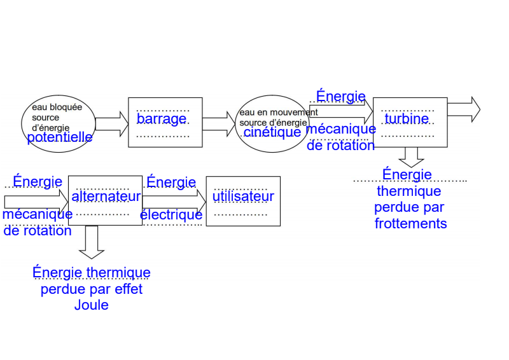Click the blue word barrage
click(x=162, y=119)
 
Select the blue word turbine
click(x=407, y=118)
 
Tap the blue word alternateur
click(x=106, y=197)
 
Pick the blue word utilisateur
click(x=243, y=197)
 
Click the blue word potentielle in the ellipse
click(x=60, y=137)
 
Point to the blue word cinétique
click(x=272, y=132)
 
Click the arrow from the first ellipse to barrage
click(x=111, y=124)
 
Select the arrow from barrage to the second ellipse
click(x=218, y=123)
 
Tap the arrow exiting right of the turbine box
click(x=463, y=109)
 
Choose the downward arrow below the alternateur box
click(x=92, y=242)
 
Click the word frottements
click(x=410, y=224)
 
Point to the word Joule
click(x=92, y=305)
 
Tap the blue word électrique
click(x=171, y=215)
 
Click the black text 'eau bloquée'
click(x=57, y=107)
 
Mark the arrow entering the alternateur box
click(x=35, y=202)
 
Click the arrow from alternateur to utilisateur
click(x=174, y=200)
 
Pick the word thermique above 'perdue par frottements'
click(x=409, y=191)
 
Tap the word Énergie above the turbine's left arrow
click(x=341, y=97)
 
